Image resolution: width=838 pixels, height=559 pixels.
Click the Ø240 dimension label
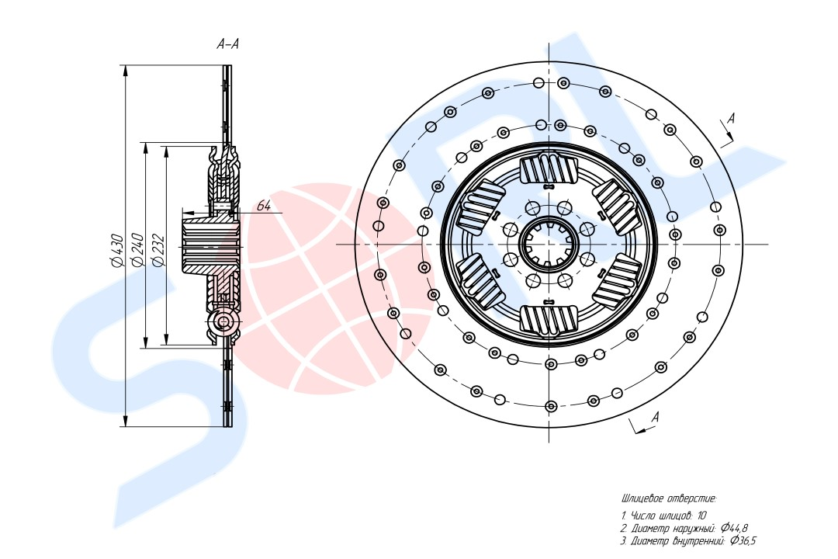click(137, 250)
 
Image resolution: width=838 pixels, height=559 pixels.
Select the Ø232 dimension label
click(158, 250)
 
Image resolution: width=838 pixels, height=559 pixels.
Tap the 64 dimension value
click(264, 206)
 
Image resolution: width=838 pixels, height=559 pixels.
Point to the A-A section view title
click(227, 43)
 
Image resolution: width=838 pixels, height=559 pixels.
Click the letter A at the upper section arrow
click(732, 118)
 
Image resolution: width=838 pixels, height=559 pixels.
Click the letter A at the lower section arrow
click(655, 417)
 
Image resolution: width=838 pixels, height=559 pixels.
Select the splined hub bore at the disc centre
click(549, 245)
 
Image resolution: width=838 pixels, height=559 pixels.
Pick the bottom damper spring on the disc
click(549, 321)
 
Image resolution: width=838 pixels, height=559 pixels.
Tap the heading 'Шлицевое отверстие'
click(669, 499)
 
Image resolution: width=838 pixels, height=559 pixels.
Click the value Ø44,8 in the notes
click(734, 528)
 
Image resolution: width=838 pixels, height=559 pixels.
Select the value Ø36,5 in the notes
click(743, 541)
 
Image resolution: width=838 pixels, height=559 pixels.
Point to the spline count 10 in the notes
click(701, 516)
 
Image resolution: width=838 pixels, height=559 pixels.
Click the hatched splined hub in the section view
click(209, 245)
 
